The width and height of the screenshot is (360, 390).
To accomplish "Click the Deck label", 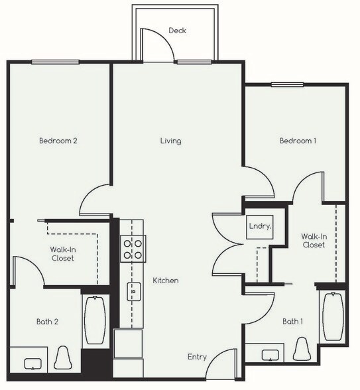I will click(x=177, y=31).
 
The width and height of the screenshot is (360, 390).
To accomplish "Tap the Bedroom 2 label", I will click(x=58, y=141).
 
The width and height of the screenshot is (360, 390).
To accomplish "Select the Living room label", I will click(x=170, y=141).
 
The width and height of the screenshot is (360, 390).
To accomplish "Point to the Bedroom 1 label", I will click(x=298, y=141).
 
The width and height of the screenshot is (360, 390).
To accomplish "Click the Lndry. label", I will click(x=259, y=226).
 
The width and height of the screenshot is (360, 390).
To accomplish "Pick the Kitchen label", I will click(x=165, y=281).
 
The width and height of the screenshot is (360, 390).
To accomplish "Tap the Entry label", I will click(x=197, y=357).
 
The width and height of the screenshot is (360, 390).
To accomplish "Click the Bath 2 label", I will click(x=47, y=322).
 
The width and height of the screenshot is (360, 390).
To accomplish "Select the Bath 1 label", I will click(x=292, y=322).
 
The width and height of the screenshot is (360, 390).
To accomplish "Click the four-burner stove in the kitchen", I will click(x=132, y=249).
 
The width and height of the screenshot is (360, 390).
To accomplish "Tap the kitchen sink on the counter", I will click(x=133, y=291).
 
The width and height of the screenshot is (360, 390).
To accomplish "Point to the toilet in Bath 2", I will click(x=63, y=357).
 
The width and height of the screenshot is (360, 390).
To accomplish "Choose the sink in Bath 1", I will click(x=272, y=354).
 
